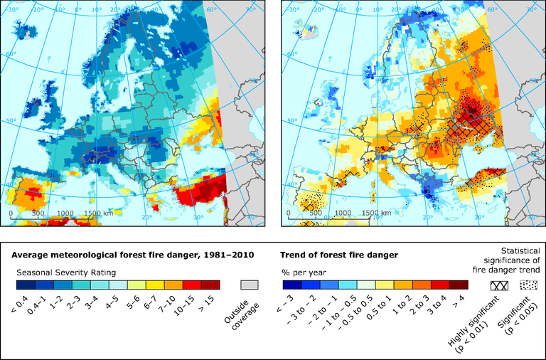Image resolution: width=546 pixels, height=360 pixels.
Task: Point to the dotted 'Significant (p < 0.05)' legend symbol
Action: click(528, 285)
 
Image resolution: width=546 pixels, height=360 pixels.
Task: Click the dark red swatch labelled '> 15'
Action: click(211, 285)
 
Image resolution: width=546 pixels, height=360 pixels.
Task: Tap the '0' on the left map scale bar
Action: click(11, 213)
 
